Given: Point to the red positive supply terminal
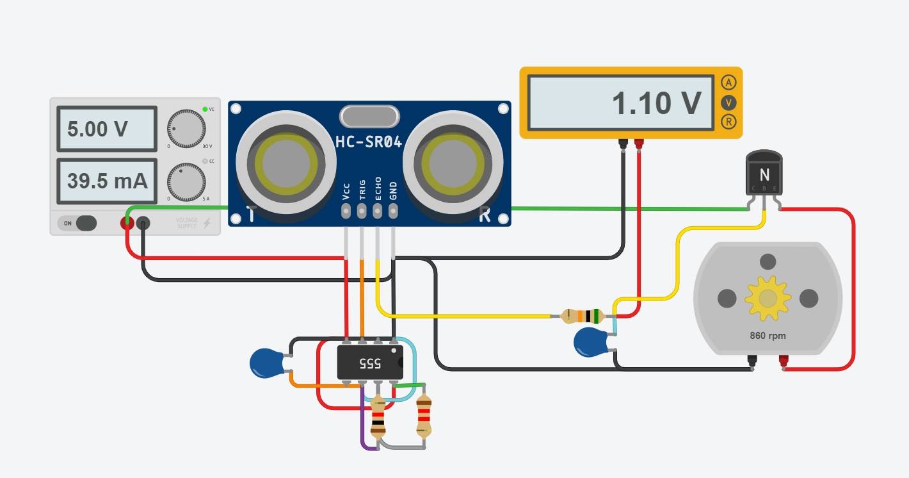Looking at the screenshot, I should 127,223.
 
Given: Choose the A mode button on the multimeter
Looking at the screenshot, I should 728,82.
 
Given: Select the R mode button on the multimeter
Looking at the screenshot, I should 728,122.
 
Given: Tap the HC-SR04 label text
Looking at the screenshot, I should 369,142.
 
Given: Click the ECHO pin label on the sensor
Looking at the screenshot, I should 378,190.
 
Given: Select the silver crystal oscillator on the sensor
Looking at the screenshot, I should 369,116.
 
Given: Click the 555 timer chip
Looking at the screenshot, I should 370,363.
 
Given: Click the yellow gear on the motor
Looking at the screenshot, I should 768,298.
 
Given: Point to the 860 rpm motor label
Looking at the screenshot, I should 768,336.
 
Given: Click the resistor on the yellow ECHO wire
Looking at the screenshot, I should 583,315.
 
